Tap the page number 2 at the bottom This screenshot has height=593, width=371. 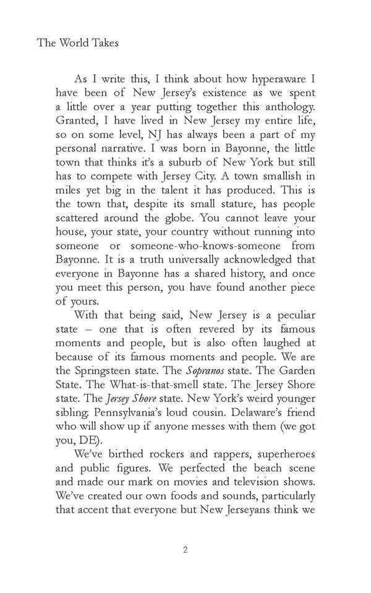185,550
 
